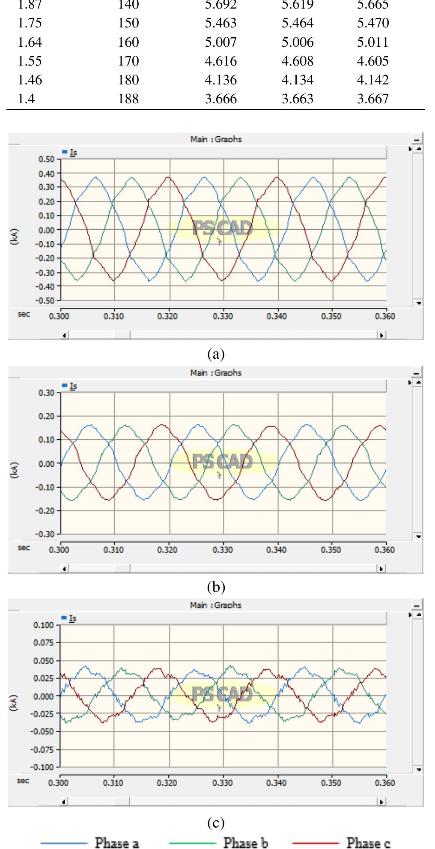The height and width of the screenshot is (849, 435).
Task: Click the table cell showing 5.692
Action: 220,5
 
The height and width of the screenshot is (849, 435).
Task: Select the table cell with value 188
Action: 128,99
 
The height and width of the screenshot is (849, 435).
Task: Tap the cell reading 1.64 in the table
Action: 30,42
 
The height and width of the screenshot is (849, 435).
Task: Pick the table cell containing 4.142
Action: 373,80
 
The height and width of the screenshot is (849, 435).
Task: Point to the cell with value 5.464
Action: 298,24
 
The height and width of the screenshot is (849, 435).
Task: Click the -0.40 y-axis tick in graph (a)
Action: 46,286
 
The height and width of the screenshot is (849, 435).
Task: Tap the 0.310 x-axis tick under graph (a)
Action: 113,317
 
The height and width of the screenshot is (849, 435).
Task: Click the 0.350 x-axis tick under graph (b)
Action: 331,550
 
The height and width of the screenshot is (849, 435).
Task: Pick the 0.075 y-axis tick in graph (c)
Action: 45,643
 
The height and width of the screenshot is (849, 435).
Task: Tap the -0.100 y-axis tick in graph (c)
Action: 44,767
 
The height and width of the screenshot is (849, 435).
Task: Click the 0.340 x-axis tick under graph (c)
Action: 276,783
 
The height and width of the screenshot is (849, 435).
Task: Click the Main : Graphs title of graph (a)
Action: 216,139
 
